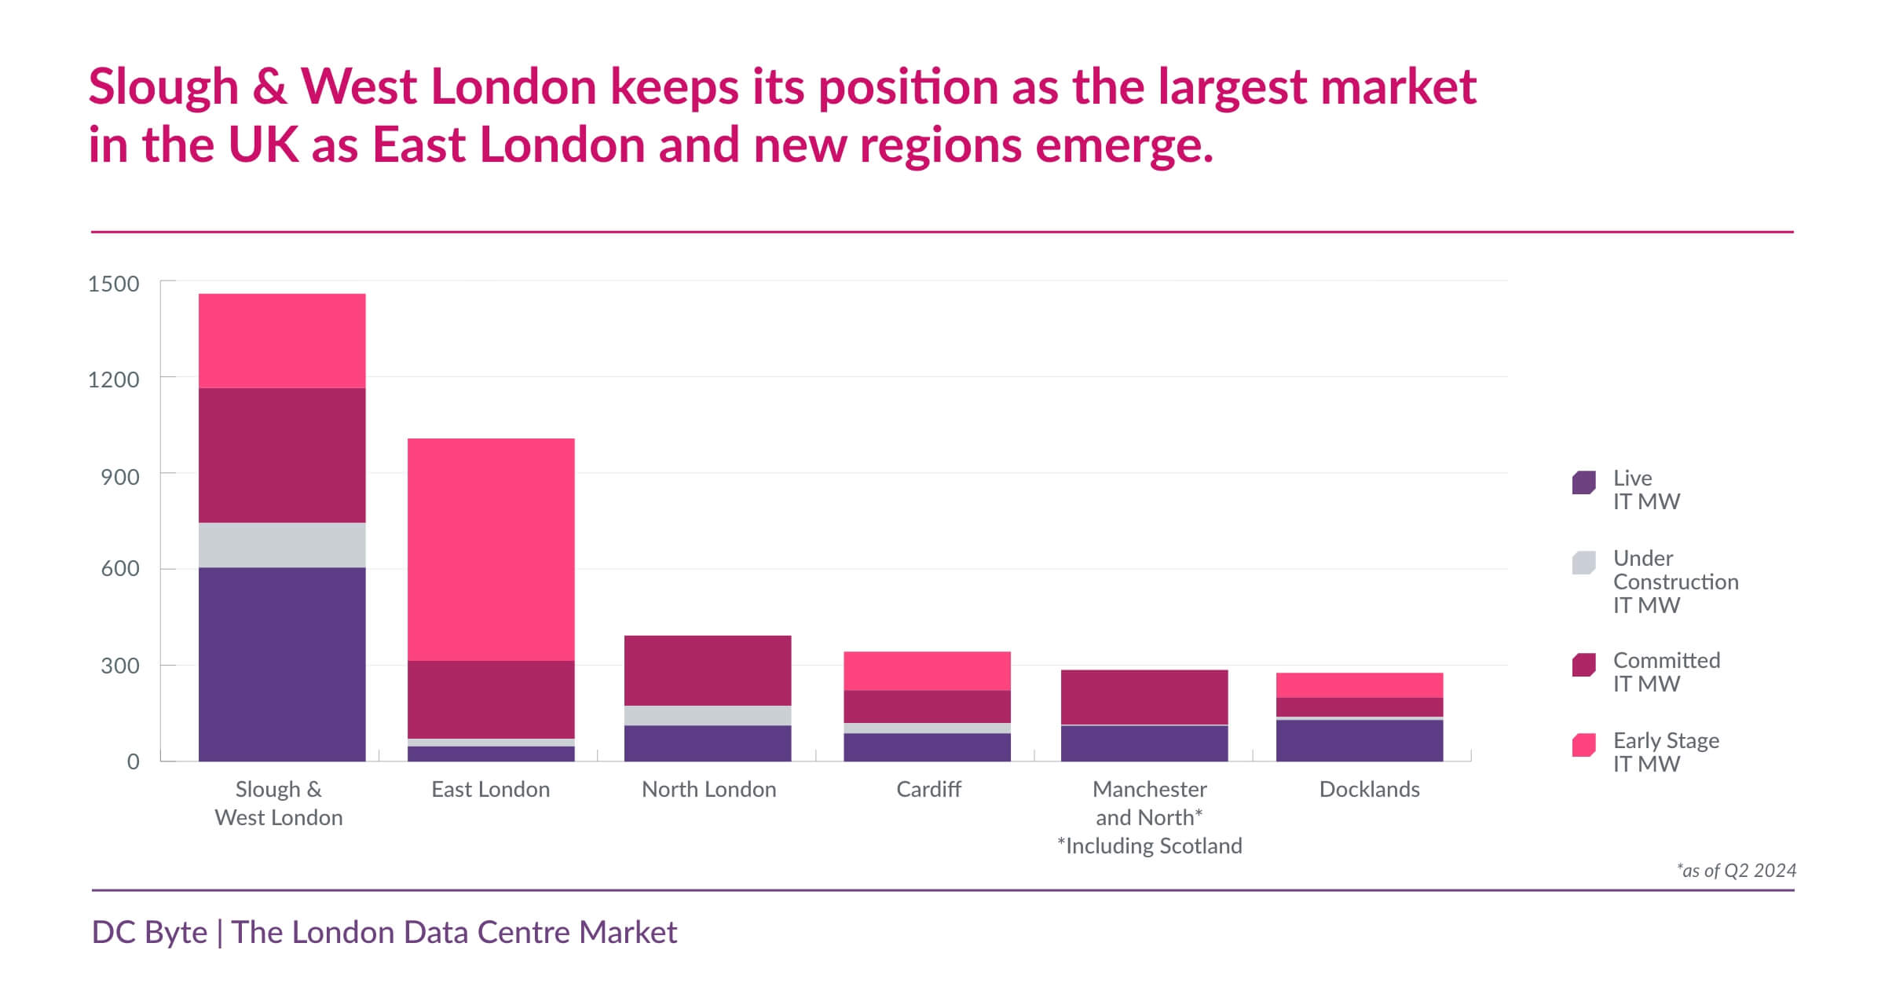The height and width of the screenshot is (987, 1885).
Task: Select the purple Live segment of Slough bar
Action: click(282, 664)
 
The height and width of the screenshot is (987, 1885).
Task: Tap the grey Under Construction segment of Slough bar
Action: click(282, 545)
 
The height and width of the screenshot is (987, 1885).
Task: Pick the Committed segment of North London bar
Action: click(708, 670)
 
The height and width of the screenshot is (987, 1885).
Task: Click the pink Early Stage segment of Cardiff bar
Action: click(927, 670)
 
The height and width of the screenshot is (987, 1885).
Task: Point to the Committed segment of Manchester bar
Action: click(1144, 697)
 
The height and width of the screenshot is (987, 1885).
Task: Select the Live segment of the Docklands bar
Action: click(1360, 740)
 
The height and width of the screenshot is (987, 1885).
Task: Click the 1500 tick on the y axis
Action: click(113, 284)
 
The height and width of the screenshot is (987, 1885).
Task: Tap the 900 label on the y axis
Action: click(120, 477)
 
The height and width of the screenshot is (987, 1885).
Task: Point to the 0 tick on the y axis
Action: click(133, 761)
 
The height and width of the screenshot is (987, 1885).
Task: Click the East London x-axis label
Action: click(491, 789)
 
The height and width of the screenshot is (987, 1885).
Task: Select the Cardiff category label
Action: click(928, 789)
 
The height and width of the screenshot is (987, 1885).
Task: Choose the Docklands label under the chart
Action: click(1369, 789)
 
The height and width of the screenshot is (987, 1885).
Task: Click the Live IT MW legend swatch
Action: click(1583, 482)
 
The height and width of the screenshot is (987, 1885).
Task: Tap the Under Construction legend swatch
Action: click(1583, 563)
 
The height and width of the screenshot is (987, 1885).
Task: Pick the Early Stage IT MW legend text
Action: click(1665, 752)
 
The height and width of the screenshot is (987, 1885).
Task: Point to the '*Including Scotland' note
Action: click(1149, 846)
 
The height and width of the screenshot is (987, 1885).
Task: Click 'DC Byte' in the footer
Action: click(149, 932)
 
